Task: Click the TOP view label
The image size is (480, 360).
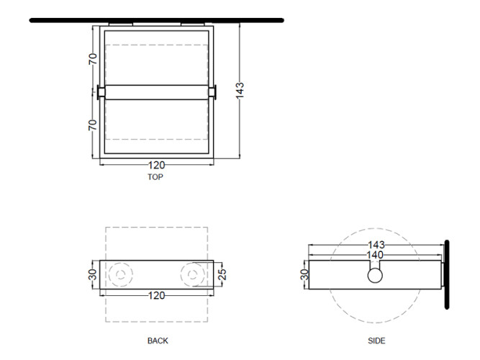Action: [155, 177]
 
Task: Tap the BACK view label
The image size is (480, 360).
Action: [158, 341]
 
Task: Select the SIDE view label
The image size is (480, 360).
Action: [376, 341]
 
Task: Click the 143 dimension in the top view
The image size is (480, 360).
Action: [240, 90]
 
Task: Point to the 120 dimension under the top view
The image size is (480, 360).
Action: [156, 165]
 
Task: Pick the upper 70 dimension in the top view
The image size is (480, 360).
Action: [93, 59]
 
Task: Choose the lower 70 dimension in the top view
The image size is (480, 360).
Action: [93, 125]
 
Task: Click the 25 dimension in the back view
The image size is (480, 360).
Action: [223, 274]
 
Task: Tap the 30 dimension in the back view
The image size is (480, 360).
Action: [93, 274]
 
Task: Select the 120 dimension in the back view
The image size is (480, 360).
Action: [156, 295]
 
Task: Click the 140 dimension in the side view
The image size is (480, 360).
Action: [375, 255]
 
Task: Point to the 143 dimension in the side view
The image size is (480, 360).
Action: [376, 245]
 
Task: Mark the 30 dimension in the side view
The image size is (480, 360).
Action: [304, 274]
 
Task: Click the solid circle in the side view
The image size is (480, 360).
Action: [375, 275]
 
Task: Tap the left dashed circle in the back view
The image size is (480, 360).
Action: [121, 275]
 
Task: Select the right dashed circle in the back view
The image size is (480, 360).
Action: [193, 275]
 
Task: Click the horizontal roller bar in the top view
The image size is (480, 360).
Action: [156, 92]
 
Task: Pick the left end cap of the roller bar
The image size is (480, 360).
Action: [101, 92]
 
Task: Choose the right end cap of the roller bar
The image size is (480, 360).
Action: [212, 92]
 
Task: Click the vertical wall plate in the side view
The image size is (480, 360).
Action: [447, 274]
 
